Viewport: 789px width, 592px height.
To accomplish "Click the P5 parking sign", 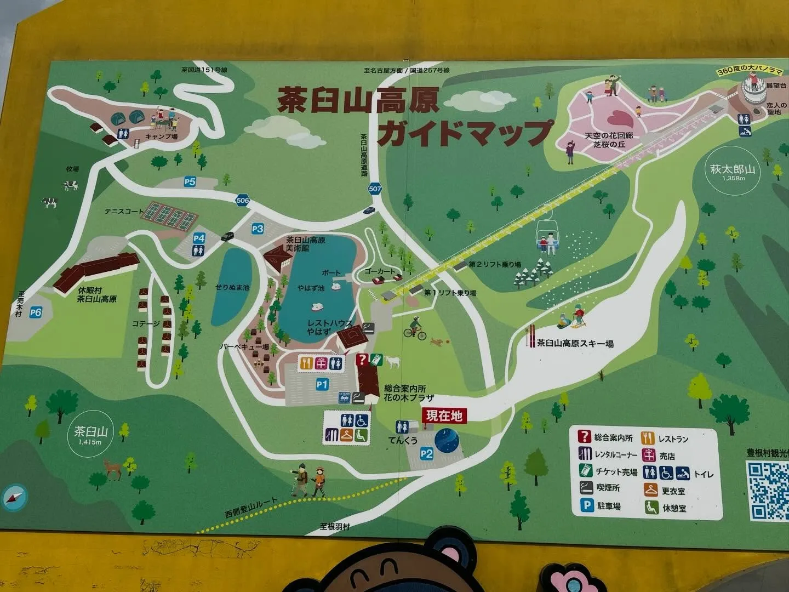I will pyautogui.click(x=190, y=182).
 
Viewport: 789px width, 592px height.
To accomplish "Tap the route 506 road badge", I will pyautogui.click(x=243, y=201).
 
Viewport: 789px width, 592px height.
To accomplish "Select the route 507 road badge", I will pyautogui.click(x=375, y=189).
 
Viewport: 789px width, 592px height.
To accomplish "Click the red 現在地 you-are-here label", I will pyautogui.click(x=444, y=415).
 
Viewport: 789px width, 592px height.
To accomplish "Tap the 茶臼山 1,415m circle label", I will pyautogui.click(x=90, y=434).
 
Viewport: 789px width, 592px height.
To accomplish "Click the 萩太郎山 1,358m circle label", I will pyautogui.click(x=733, y=171).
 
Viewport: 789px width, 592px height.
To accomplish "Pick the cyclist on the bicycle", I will pyautogui.click(x=415, y=328).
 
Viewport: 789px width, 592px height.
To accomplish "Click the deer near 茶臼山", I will pyautogui.click(x=112, y=468).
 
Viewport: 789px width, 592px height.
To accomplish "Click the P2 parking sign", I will pyautogui.click(x=426, y=454).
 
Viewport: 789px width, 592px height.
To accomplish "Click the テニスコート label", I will pyautogui.click(x=124, y=211).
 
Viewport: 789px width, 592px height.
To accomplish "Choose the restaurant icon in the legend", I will pyautogui.click(x=648, y=438).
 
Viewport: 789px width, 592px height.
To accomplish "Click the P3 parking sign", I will pyautogui.click(x=258, y=229).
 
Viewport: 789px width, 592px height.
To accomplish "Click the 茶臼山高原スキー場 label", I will pyautogui.click(x=575, y=344).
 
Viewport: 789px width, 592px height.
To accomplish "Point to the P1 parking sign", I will pyautogui.click(x=322, y=385).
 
